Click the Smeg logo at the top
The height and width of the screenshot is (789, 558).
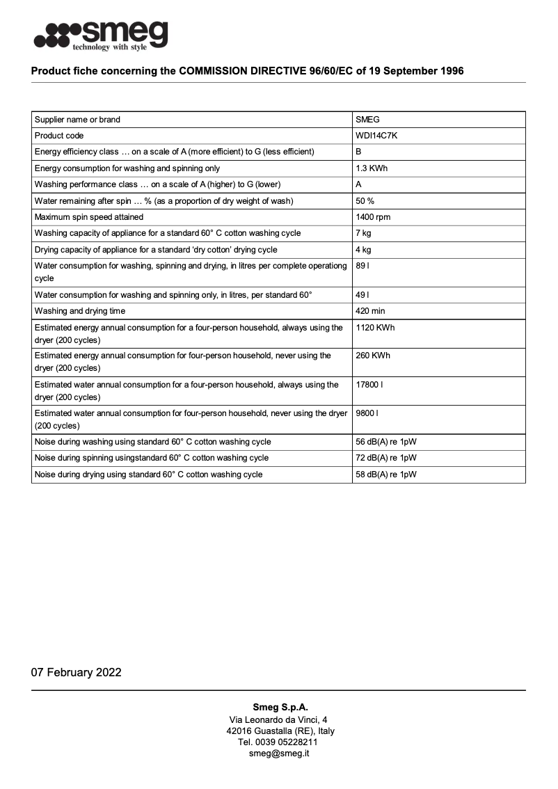(x=101, y=35)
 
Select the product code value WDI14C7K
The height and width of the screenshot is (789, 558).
(x=376, y=136)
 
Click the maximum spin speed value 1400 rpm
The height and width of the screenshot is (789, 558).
(x=373, y=217)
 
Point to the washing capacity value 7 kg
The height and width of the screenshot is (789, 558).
(x=363, y=233)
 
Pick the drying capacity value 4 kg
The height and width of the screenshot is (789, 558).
(x=363, y=250)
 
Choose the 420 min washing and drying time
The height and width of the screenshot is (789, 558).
(x=370, y=311)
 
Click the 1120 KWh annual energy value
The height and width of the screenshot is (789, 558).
(x=375, y=327)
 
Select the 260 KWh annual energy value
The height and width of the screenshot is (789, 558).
(x=373, y=356)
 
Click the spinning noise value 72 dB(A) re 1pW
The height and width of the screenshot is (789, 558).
(x=385, y=458)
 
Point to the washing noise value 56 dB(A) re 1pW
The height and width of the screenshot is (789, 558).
(x=385, y=442)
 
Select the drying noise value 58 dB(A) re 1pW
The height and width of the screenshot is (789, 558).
(x=385, y=475)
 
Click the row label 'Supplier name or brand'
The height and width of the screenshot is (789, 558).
(x=77, y=120)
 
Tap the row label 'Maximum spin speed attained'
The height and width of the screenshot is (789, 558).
(x=89, y=217)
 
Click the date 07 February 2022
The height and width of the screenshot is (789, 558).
(x=76, y=672)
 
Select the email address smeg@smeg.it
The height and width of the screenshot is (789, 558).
(x=278, y=754)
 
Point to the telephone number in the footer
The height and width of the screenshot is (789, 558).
(x=278, y=742)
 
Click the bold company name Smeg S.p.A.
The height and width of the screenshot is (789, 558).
(x=278, y=707)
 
